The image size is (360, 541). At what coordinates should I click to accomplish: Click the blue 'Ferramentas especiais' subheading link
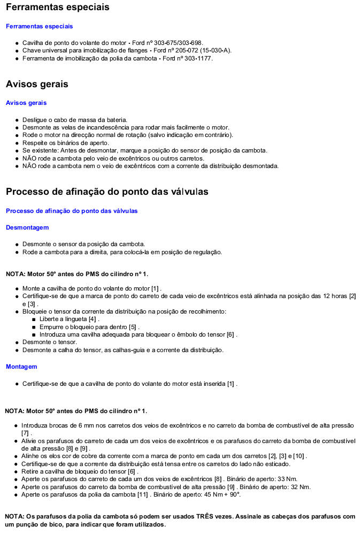tap(39, 26)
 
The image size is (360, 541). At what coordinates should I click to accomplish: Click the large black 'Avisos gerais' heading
tap(37, 84)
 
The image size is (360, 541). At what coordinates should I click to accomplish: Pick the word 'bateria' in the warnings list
tap(117, 120)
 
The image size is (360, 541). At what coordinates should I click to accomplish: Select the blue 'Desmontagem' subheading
tap(27, 227)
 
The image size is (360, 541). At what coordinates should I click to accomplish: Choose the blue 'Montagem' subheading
tap(21, 367)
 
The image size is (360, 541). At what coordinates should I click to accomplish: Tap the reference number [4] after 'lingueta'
tap(93, 319)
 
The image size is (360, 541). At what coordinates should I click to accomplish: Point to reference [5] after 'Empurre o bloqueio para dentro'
tap(133, 327)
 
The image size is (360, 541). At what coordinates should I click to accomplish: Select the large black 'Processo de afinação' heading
tap(107, 192)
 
